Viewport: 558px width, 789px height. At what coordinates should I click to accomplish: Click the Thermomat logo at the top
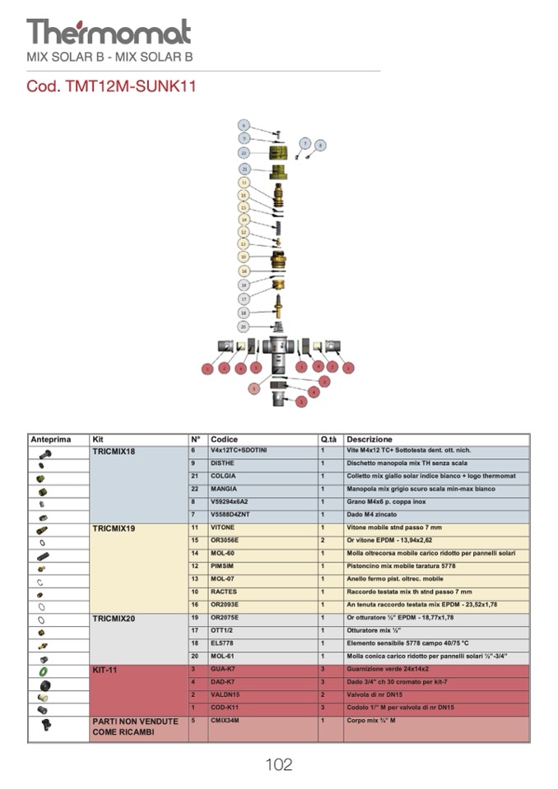point(109,32)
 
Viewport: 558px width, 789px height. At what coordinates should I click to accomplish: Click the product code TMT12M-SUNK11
point(111,86)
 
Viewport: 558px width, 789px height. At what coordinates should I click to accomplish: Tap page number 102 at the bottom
point(278,764)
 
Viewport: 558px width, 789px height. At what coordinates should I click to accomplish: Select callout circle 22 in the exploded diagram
point(244,153)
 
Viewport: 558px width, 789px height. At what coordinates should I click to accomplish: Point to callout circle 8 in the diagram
point(320,145)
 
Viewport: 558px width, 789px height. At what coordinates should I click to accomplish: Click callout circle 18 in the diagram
point(244,313)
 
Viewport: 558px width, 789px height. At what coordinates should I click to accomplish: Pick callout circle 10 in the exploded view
point(244,257)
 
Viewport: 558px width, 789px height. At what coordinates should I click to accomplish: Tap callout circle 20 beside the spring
point(244,327)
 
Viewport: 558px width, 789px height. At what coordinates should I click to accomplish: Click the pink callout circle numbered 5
point(254,388)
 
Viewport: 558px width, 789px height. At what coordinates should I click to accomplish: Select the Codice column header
point(224,439)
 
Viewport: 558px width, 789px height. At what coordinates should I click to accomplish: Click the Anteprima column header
point(51,439)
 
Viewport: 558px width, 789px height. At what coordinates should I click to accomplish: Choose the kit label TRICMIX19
point(114,527)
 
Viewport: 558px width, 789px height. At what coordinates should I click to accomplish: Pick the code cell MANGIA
point(223,489)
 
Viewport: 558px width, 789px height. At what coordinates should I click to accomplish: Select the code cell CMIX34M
point(225,721)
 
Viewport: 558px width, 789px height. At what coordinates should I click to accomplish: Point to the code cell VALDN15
point(226,695)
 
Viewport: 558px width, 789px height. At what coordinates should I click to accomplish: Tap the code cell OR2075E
point(225,617)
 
